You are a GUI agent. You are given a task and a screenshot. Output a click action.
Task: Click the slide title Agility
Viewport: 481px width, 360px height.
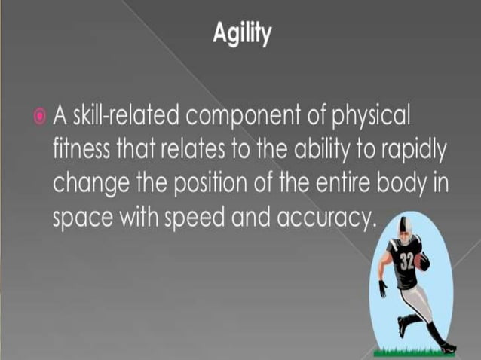(x=240, y=35)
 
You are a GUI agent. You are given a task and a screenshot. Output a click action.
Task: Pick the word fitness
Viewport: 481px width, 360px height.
(x=78, y=150)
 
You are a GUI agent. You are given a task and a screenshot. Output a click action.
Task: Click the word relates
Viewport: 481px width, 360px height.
(x=181, y=150)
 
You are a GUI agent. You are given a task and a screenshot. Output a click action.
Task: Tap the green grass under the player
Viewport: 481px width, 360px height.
(x=411, y=350)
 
